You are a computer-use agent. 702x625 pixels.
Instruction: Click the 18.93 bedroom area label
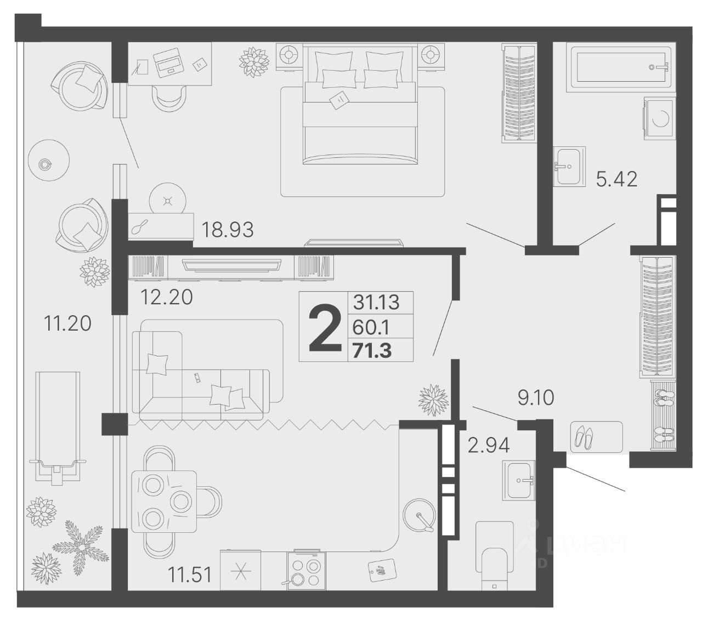point(227,229)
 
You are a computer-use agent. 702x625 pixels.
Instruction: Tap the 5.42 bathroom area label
point(616,179)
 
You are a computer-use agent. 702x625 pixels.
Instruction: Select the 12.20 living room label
point(166,297)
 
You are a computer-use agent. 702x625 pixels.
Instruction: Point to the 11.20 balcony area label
point(67,323)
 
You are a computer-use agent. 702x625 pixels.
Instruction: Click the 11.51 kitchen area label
point(190,575)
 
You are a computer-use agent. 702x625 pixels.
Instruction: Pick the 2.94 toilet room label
point(489,445)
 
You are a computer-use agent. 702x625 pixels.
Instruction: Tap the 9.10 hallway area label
point(536,397)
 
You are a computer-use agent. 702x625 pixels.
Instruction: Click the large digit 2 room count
point(325,328)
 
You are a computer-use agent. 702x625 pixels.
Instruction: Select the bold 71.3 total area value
point(372,351)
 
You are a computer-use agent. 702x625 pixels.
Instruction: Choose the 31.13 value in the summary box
point(376,302)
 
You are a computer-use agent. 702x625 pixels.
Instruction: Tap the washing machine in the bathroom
point(660,118)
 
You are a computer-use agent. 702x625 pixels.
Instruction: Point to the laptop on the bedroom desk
point(168,63)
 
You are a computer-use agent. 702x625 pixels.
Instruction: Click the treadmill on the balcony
point(58,428)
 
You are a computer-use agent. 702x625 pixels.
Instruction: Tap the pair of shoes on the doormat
point(584,438)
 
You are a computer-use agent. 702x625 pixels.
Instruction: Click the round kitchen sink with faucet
point(419,516)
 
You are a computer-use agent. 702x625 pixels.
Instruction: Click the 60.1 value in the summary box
point(371,327)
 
